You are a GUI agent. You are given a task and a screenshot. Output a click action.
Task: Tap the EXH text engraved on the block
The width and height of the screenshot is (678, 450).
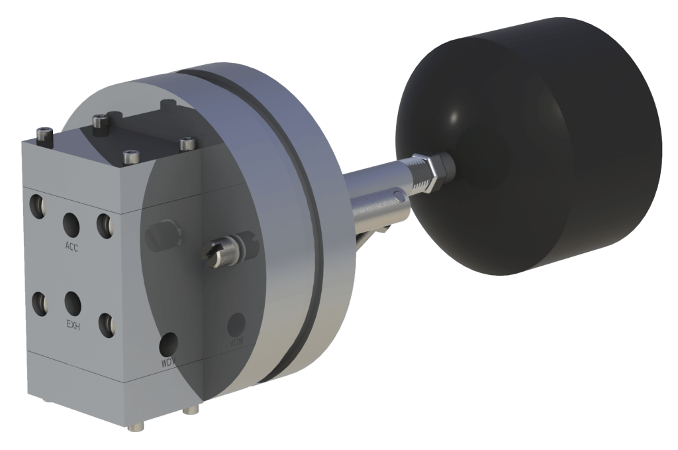pyautogui.click(x=73, y=325)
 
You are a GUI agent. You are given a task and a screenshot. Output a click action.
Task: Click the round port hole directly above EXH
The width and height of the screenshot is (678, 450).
pyautogui.click(x=72, y=304)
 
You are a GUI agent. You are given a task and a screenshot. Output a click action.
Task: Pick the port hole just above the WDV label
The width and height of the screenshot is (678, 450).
pyautogui.click(x=169, y=343)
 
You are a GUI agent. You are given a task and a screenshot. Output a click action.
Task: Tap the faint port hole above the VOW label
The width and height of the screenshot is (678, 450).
pyautogui.click(x=236, y=325)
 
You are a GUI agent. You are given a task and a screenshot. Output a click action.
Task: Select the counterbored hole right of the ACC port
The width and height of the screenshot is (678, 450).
pyautogui.click(x=104, y=225)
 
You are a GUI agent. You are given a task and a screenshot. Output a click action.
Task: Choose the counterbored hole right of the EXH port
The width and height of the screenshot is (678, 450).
pyautogui.click(x=106, y=324)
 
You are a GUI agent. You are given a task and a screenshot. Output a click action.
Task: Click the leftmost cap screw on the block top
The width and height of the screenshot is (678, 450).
pyautogui.click(x=44, y=135)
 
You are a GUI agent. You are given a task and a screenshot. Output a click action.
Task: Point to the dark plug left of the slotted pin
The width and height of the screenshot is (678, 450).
pyautogui.click(x=162, y=236)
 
